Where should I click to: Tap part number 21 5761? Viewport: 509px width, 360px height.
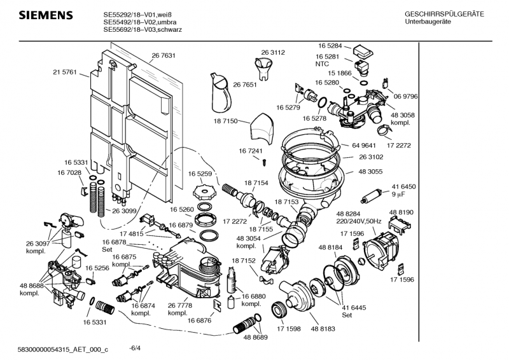(x=64, y=73)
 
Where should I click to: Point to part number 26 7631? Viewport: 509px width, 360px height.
(x=164, y=55)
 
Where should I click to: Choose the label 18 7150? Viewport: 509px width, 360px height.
(x=225, y=121)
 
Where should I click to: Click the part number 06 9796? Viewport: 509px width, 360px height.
(x=405, y=97)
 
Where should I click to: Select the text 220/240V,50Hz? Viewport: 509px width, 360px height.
(x=358, y=221)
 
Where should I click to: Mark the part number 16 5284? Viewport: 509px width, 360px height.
(x=330, y=46)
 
